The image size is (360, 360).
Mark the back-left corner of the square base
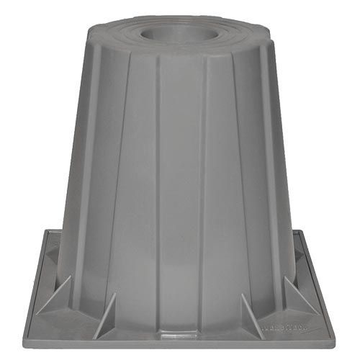[x=46, y=232]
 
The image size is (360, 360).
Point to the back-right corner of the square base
[x=311, y=232]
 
